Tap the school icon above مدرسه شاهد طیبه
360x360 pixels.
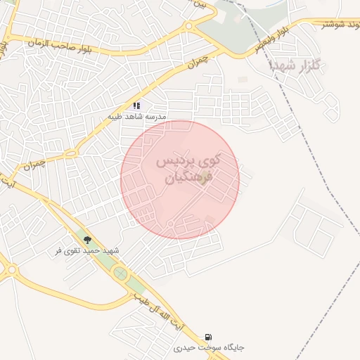tap(136, 105)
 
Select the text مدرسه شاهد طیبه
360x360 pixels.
tap(136, 116)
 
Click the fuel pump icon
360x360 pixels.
tap(208, 337)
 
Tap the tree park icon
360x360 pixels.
tap(88, 240)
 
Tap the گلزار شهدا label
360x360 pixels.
tap(295, 66)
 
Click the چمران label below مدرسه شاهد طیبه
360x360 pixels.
tap(33, 167)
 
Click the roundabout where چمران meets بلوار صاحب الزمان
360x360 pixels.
tap(188, 27)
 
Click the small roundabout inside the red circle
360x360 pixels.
tap(171, 224)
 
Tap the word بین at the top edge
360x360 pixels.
tap(202, 4)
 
